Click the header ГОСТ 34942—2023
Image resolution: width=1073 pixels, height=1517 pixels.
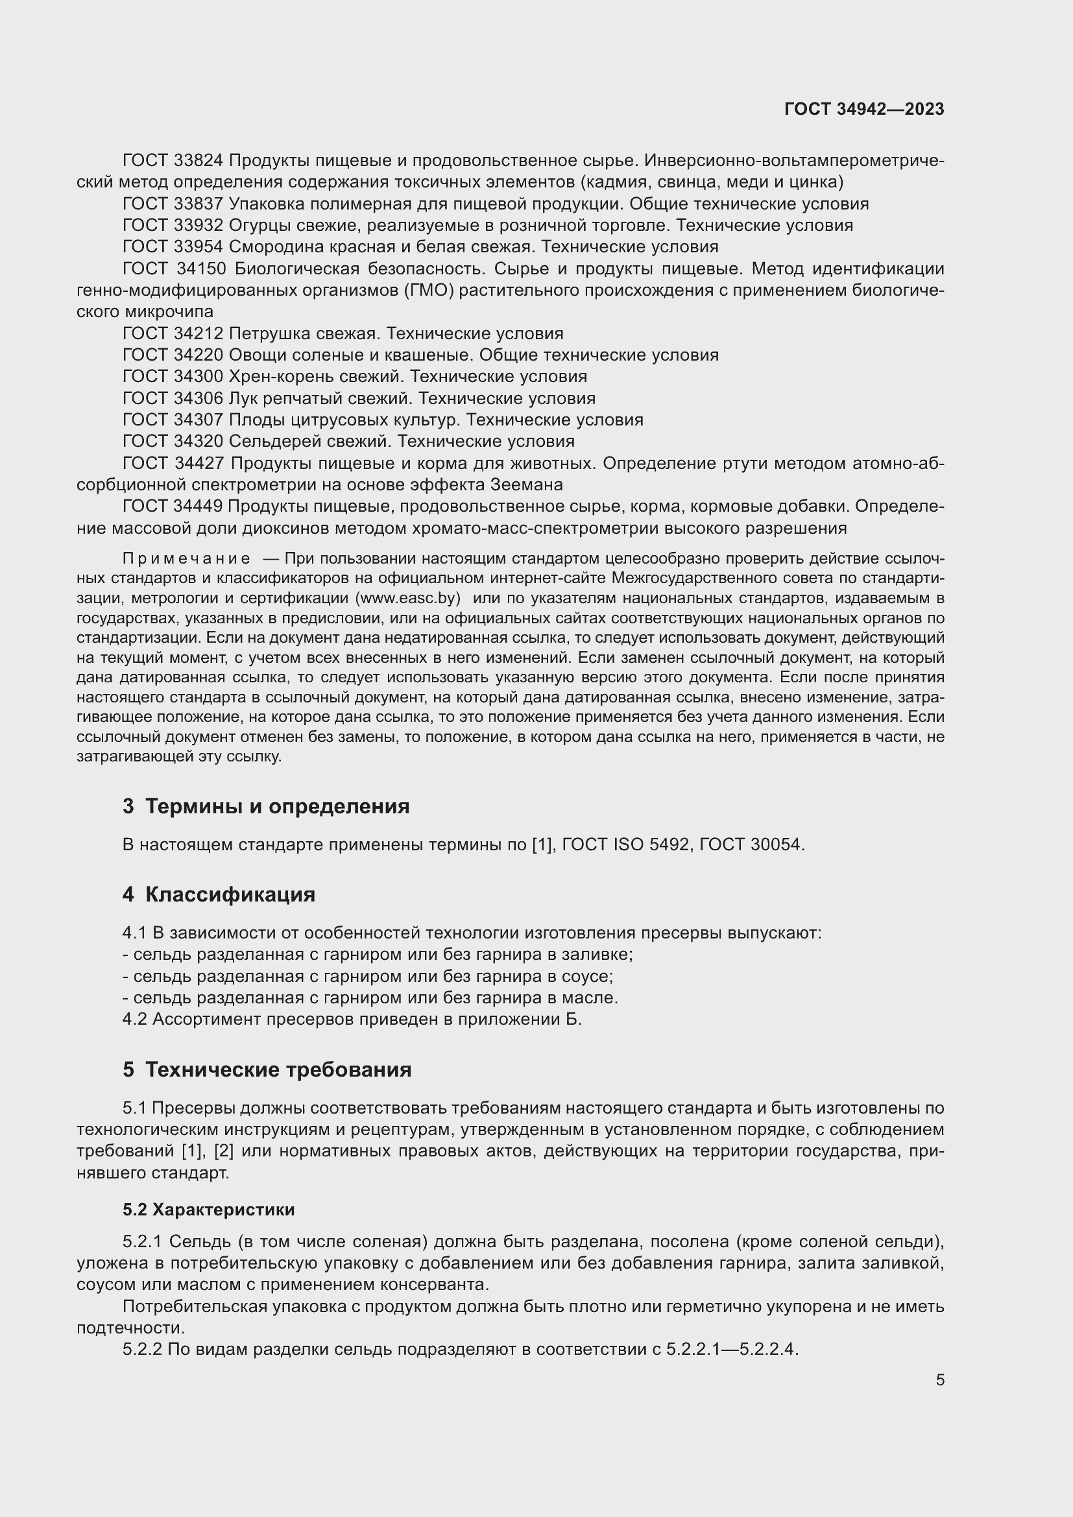click(864, 109)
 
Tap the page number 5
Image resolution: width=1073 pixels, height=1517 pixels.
click(939, 1380)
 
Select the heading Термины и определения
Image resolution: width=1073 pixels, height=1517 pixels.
click(277, 806)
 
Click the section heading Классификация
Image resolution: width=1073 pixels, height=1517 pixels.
click(230, 894)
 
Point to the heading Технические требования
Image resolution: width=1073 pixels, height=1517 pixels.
click(278, 1069)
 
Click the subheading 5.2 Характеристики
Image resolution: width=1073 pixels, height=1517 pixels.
click(209, 1210)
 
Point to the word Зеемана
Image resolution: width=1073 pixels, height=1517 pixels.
click(526, 484)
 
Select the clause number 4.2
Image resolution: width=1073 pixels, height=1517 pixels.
click(135, 1020)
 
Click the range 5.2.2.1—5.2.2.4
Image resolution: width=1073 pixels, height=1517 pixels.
click(732, 1349)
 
